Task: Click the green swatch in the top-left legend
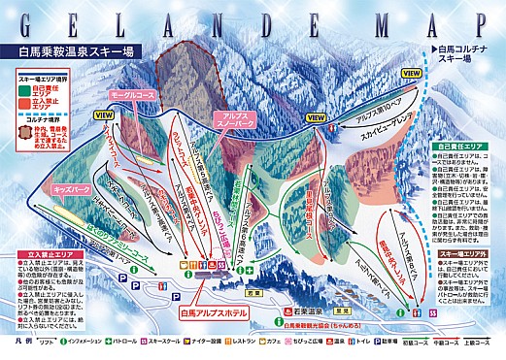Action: pyautogui.click(x=25, y=93)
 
